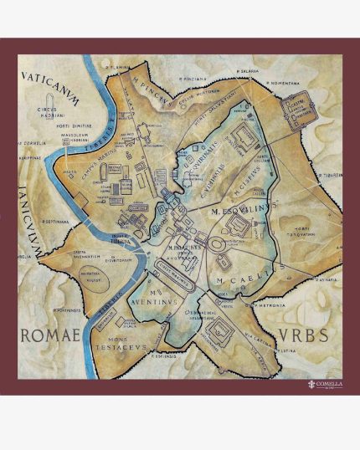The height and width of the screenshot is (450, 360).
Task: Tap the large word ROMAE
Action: [x=49, y=336]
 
